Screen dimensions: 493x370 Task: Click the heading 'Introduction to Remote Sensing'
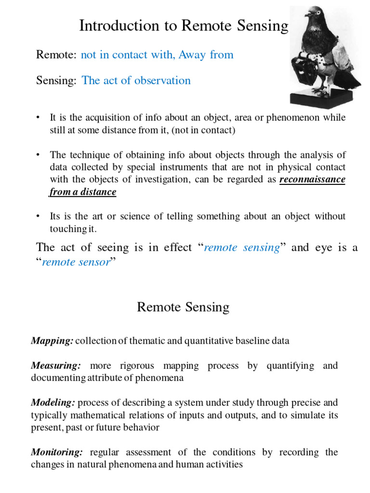(x=184, y=26)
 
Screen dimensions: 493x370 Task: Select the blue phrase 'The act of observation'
(x=136, y=80)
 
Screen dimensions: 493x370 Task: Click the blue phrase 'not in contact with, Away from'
(x=157, y=55)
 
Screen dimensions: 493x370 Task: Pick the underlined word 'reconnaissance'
(x=313, y=180)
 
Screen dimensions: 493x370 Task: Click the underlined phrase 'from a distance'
(x=83, y=192)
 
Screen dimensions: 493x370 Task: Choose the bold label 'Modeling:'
(x=53, y=402)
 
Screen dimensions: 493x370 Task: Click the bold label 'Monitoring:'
(x=57, y=452)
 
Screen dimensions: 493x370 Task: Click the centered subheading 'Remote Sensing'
(x=183, y=307)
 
